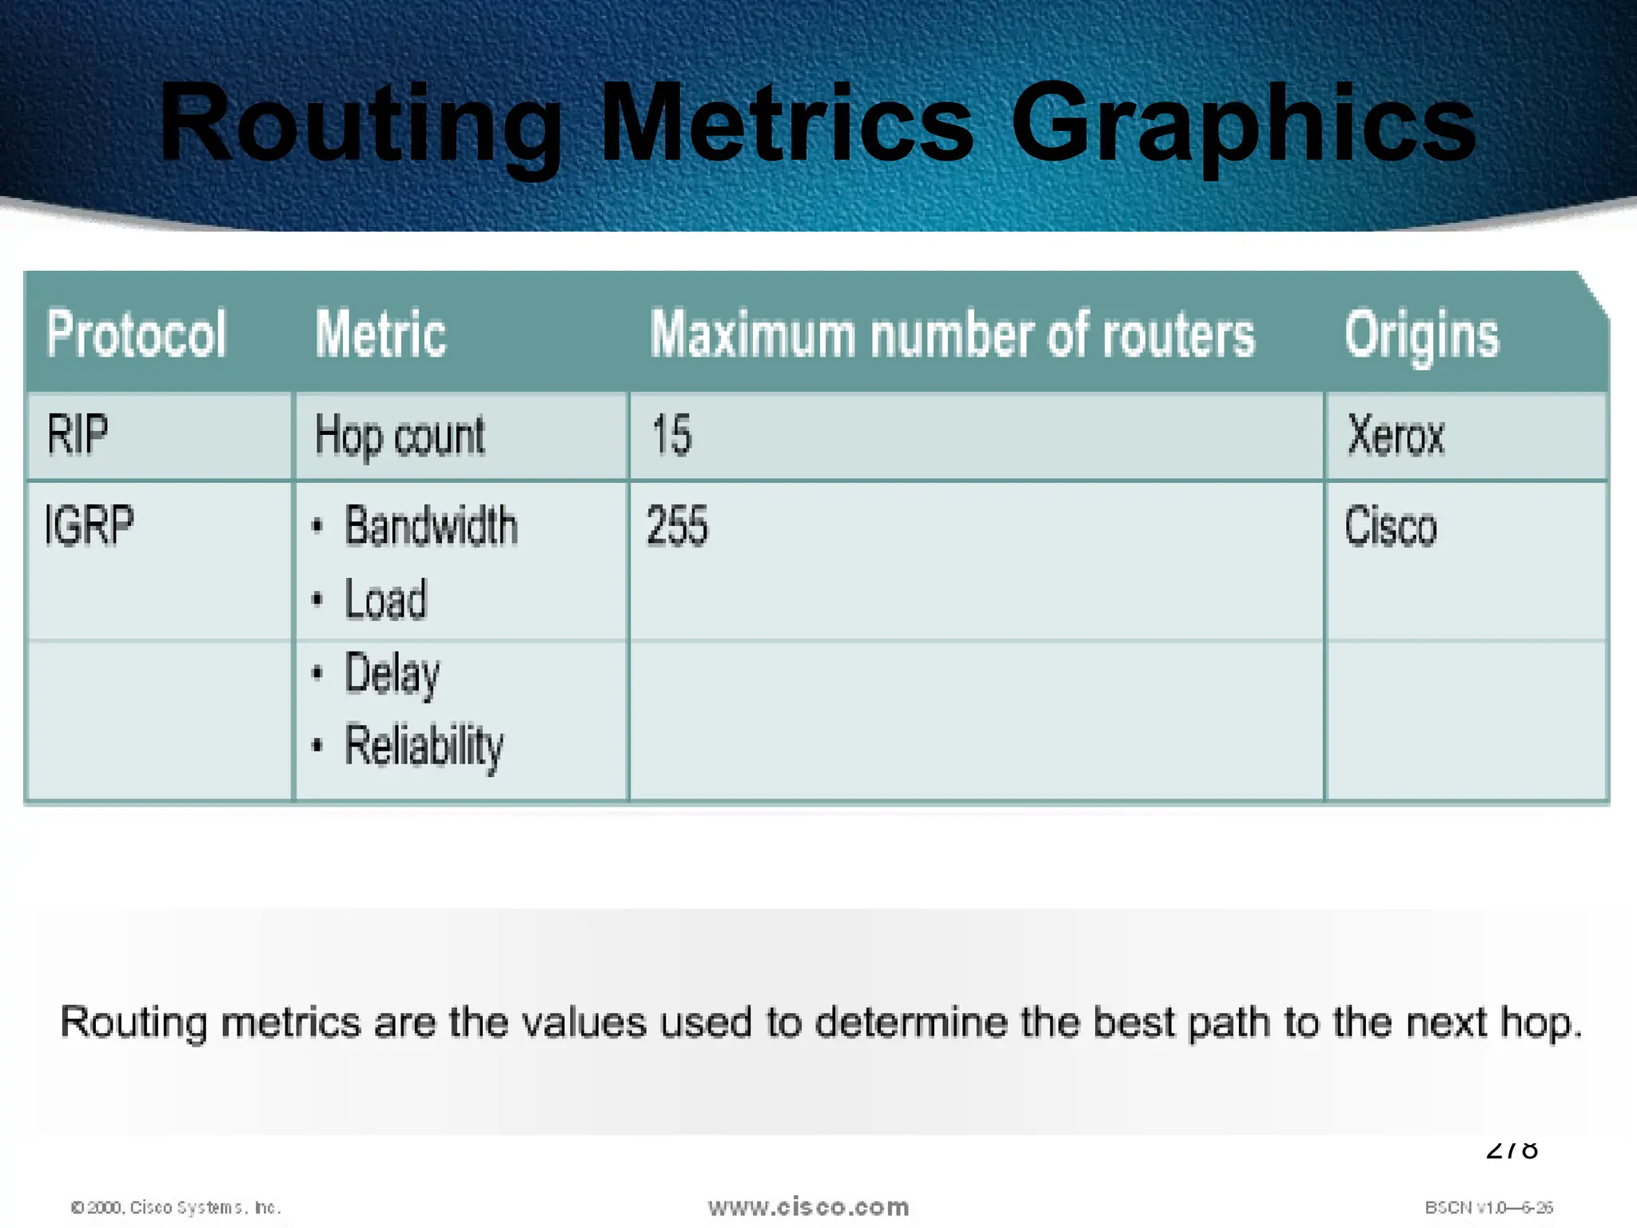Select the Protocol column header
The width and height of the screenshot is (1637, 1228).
tap(136, 333)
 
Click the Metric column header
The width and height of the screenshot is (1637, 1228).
tap(380, 333)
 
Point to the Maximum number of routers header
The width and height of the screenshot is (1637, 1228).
tap(952, 333)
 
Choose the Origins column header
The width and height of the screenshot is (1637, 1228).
tap(1421, 335)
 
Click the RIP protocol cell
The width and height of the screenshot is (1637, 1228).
tap(78, 435)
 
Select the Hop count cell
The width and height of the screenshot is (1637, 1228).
tap(400, 437)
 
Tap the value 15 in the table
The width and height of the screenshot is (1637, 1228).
tap(671, 435)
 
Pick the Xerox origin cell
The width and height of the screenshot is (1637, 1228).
tap(1396, 436)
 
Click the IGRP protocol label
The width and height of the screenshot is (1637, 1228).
tap(89, 525)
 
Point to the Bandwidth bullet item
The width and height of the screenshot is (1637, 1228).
tap(431, 526)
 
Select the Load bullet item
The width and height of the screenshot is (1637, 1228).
tap(386, 600)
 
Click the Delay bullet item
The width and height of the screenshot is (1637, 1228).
tap(392, 674)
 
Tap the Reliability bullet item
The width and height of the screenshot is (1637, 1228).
tap(424, 746)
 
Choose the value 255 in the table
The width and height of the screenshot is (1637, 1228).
tap(677, 526)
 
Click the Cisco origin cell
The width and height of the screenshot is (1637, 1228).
tap(1391, 527)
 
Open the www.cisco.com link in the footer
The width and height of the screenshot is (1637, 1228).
tap(808, 1206)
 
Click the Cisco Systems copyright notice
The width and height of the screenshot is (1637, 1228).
tap(176, 1207)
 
